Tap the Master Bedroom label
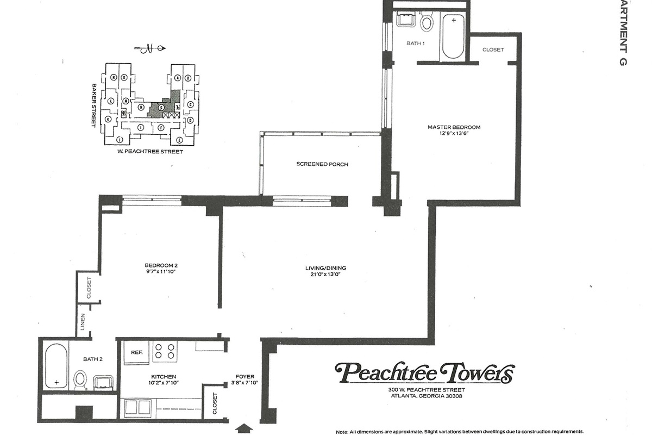454,127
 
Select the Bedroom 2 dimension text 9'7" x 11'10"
161,272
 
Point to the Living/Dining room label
325,268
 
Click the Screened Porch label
322,164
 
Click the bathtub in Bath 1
453,36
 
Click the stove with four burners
165,351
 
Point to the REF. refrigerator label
136,352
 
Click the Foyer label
244,376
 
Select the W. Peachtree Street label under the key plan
151,152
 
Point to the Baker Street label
94,105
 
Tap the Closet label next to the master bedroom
493,49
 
